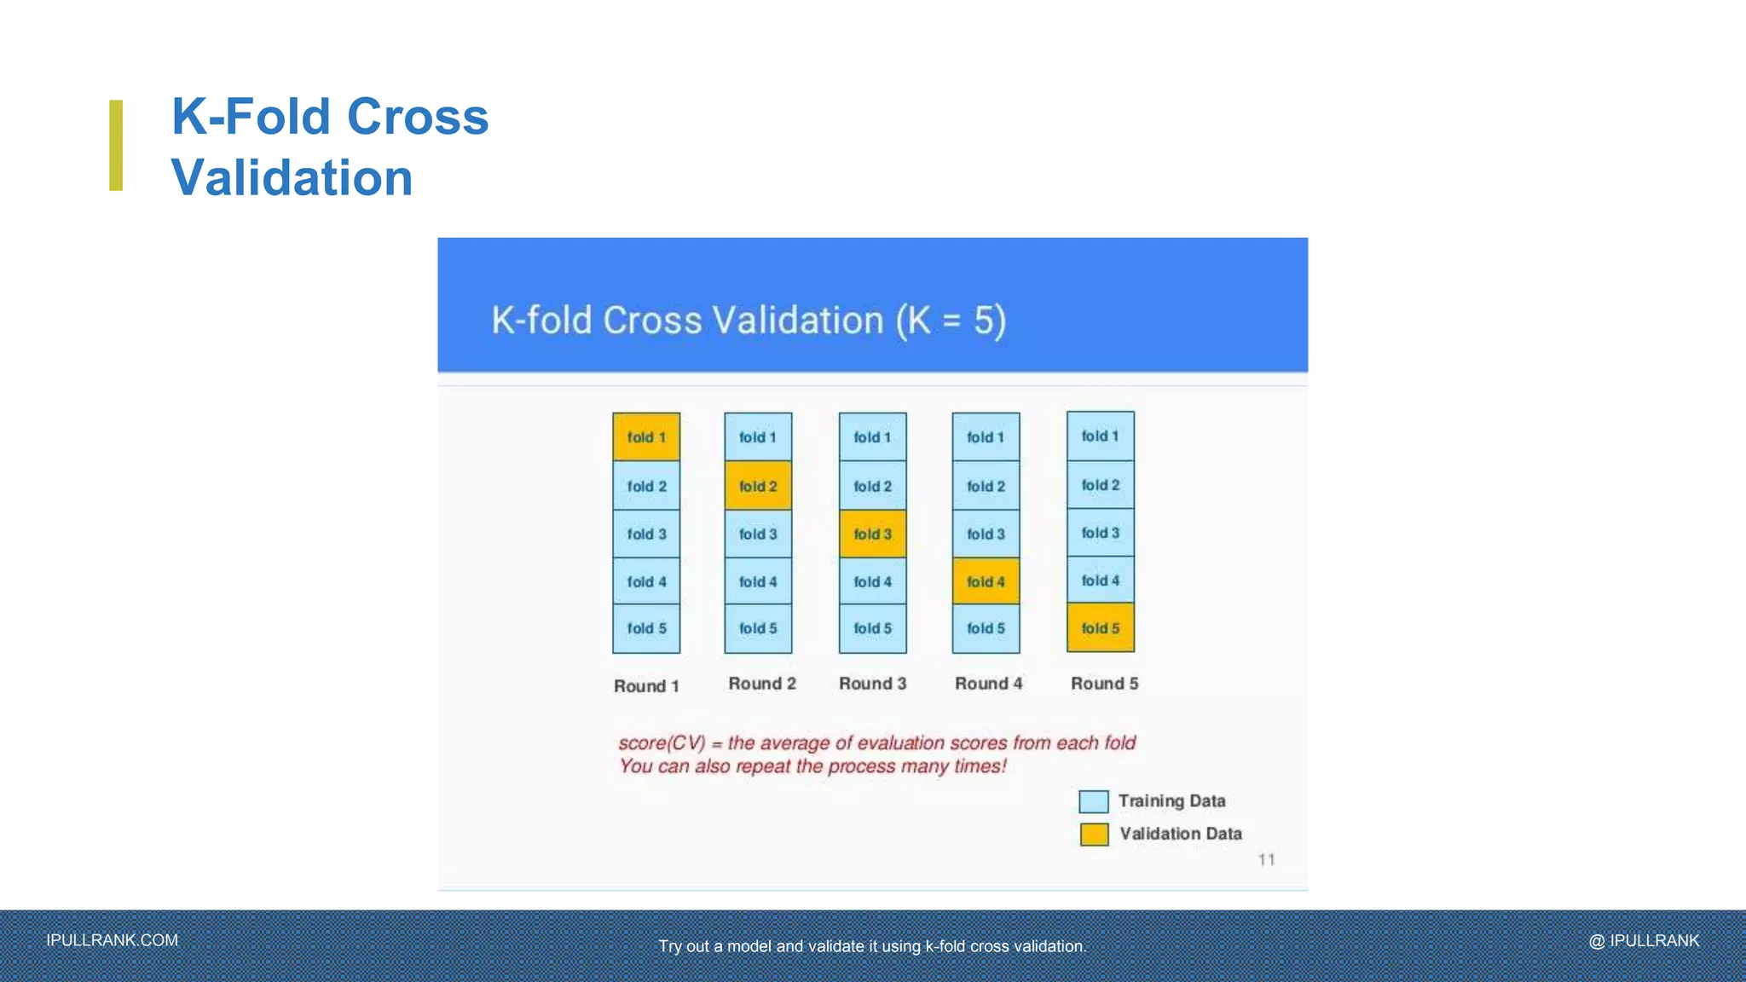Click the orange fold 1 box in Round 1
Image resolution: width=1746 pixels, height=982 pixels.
(x=646, y=437)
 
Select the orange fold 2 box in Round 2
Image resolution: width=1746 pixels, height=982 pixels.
(x=758, y=486)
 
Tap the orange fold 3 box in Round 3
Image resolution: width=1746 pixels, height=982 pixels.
(x=872, y=534)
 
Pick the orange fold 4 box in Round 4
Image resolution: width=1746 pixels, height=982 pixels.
(x=986, y=581)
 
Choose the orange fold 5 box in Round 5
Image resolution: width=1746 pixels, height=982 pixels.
(x=1101, y=628)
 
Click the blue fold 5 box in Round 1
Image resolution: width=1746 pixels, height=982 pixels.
(x=646, y=628)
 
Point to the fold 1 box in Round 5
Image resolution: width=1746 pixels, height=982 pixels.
(x=1101, y=436)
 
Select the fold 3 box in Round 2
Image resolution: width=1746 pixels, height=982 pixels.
(x=758, y=534)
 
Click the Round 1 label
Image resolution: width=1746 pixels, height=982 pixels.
(x=646, y=686)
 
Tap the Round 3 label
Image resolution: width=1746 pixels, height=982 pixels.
(x=872, y=684)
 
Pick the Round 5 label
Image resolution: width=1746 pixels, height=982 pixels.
(x=1104, y=684)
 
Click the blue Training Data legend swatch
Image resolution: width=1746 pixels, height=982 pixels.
(x=1093, y=801)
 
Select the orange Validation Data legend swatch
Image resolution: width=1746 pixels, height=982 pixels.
(x=1094, y=834)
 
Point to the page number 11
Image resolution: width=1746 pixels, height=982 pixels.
(x=1266, y=860)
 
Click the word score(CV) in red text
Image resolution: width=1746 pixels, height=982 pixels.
(x=662, y=743)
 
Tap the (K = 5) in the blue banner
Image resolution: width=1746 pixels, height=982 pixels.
(x=951, y=321)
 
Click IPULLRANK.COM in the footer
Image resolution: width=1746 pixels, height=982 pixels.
(x=113, y=940)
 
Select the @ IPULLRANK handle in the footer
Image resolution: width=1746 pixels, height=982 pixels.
(x=1644, y=940)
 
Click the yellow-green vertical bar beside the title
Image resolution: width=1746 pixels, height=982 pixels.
(x=116, y=145)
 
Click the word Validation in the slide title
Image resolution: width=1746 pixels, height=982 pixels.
(x=292, y=177)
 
